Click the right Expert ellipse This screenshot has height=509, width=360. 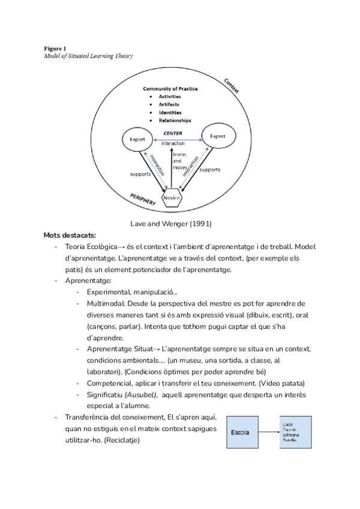pyautogui.click(x=218, y=136)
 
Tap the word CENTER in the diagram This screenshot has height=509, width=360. pyautogui.click(x=173, y=133)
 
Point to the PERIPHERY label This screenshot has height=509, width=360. pyautogui.click(x=143, y=200)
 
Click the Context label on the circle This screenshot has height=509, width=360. pyautogui.click(x=230, y=85)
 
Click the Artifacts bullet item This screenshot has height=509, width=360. pyautogui.click(x=169, y=104)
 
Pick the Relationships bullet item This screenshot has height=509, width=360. pyautogui.click(x=175, y=120)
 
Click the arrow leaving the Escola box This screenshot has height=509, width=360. pyautogui.click(x=264, y=433)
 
